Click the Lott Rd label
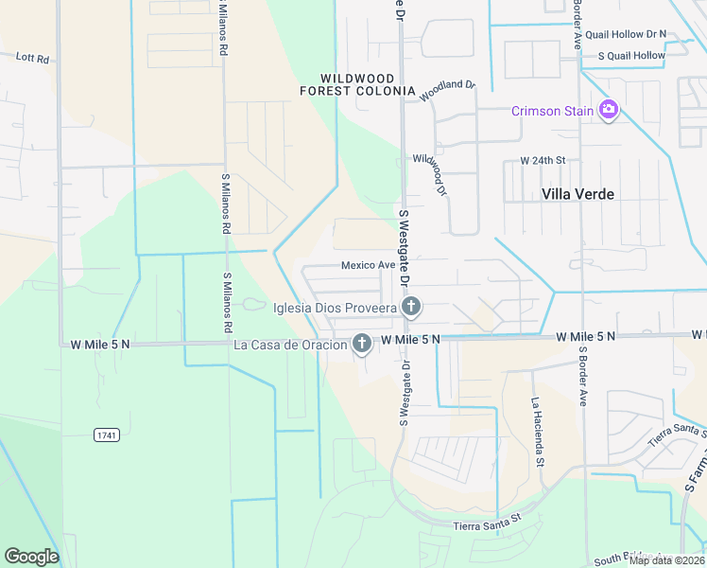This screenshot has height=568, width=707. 33,57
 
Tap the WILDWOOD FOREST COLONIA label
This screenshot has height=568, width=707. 357,84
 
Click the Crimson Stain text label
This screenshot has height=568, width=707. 552,111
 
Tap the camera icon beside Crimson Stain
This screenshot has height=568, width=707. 609,111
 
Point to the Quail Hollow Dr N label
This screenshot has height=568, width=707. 625,33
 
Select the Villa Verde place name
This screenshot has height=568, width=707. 578,194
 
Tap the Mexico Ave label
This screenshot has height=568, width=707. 368,265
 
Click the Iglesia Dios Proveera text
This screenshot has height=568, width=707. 334,307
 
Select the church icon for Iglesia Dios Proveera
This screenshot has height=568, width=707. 410,306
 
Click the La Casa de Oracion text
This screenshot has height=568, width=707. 290,344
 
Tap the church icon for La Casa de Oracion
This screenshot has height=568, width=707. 361,344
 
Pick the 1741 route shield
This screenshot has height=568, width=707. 107,435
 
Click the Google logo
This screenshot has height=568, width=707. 31,557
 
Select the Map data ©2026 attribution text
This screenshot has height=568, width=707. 666,560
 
